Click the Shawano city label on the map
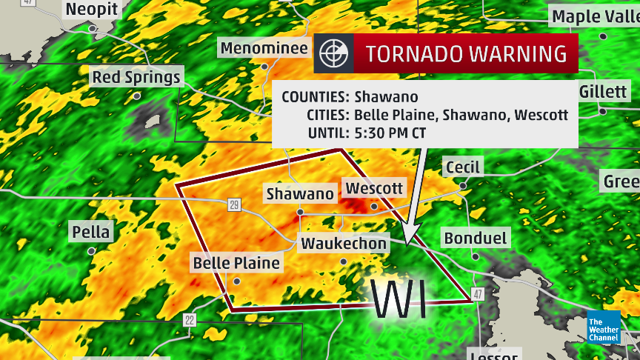pyautogui.click(x=300, y=194)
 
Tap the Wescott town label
pyautogui.click(x=375, y=188)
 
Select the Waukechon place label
pyautogui.click(x=343, y=244)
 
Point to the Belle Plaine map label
pyautogui.click(x=236, y=263)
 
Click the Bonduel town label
pyautogui.click(x=475, y=238)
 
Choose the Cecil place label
pyautogui.click(x=463, y=167)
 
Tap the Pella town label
pyautogui.click(x=91, y=232)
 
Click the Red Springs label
pyautogui.click(x=136, y=77)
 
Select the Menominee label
pyautogui.click(x=264, y=49)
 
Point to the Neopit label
pyautogui.click(x=92, y=10)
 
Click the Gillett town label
pyautogui.click(x=603, y=91)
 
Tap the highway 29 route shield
pyautogui.click(x=234, y=204)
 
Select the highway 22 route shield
pyautogui.click(x=190, y=319)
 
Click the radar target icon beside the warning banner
pyautogui.click(x=333, y=53)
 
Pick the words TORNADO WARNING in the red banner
pyautogui.click(x=467, y=53)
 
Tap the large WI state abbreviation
pyautogui.click(x=399, y=300)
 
